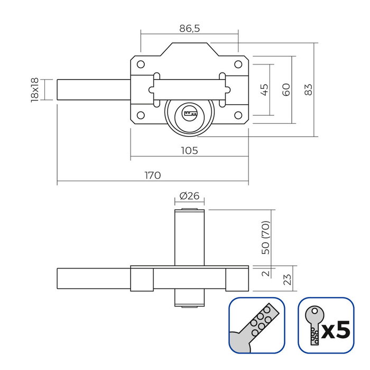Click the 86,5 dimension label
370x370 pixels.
(189, 29)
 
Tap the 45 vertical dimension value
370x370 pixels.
(265, 89)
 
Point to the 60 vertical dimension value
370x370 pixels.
(286, 89)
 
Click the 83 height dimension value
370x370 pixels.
(308, 89)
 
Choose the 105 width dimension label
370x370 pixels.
(189, 151)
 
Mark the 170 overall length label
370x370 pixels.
(152, 175)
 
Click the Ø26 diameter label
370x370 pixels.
(189, 196)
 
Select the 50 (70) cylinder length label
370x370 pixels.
(266, 237)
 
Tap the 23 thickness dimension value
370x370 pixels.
(288, 278)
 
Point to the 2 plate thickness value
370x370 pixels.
(266, 273)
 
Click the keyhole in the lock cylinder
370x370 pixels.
(190, 113)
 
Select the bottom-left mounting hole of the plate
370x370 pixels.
(141, 115)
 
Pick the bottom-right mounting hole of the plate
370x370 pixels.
(238, 115)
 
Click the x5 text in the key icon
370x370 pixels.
(336, 330)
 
